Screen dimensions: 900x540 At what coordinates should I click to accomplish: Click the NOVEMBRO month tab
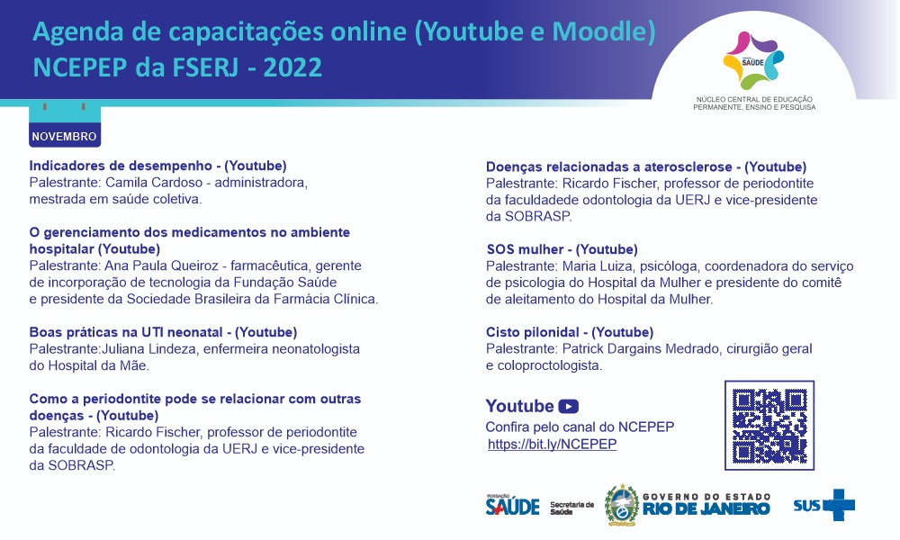click(64, 136)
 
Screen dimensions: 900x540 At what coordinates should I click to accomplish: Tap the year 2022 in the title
click(292, 67)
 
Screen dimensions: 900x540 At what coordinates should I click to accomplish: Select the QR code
click(769, 425)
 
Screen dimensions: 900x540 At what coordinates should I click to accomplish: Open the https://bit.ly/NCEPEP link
click(553, 445)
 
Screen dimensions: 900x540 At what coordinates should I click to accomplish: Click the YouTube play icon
click(568, 406)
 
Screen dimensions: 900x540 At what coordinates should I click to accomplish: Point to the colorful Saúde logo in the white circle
click(753, 61)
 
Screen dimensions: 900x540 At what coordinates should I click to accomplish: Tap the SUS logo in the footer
click(824, 505)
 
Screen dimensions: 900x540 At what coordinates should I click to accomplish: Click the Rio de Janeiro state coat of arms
click(621, 504)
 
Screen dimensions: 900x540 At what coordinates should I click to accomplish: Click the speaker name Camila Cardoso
click(154, 183)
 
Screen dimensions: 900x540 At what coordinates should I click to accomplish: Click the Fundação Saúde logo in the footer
click(513, 504)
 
